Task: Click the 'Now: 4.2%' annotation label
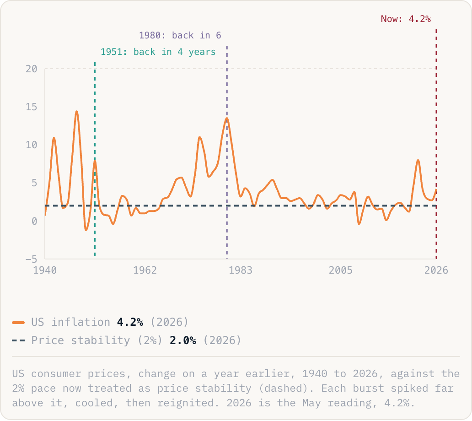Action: (x=406, y=19)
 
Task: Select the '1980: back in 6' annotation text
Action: (x=180, y=35)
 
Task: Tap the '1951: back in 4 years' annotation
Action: (x=158, y=52)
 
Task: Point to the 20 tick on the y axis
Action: (x=31, y=69)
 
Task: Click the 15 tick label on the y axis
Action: (x=31, y=107)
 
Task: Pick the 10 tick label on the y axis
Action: (x=31, y=145)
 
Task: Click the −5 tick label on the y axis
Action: (x=31, y=259)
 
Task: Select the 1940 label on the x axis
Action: (x=45, y=270)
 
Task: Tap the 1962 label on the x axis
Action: (x=145, y=270)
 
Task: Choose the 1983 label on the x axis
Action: (x=241, y=270)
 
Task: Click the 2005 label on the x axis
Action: (x=340, y=270)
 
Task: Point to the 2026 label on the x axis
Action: (x=436, y=270)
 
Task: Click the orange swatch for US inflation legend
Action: (x=18, y=323)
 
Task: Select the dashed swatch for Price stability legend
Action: (x=18, y=340)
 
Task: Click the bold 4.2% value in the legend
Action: (x=130, y=322)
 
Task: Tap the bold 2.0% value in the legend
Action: (x=183, y=340)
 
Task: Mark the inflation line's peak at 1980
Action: (x=227, y=118)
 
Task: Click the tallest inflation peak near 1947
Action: (x=77, y=111)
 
